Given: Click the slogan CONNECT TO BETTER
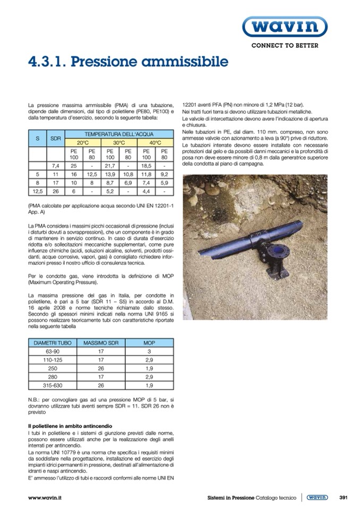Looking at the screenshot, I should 285,46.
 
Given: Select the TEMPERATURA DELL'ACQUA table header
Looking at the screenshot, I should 119,135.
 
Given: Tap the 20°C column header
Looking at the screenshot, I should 83,143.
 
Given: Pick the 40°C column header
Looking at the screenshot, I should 155,143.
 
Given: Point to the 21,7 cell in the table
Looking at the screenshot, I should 110,166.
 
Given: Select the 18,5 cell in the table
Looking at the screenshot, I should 146,166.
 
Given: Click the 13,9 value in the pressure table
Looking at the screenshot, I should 110,174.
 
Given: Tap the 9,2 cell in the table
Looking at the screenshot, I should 164,174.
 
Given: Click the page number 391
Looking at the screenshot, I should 343,497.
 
